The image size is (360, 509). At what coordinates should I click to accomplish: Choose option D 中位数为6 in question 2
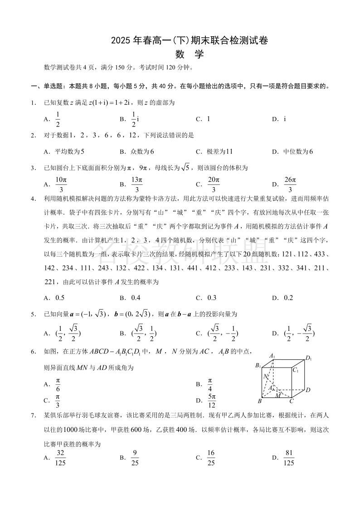pyautogui.click(x=297, y=151)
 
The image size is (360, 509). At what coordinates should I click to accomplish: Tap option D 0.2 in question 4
pyautogui.click(x=288, y=298)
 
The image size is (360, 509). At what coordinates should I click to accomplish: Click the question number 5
pyautogui.click(x=33, y=314)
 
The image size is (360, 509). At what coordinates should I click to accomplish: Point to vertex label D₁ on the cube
pyautogui.click(x=309, y=359)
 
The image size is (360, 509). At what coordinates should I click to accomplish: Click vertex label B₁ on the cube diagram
pyautogui.click(x=258, y=365)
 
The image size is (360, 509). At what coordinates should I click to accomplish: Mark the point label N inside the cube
pyautogui.click(x=266, y=377)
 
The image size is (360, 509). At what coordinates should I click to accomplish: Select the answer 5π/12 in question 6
pyautogui.click(x=212, y=400)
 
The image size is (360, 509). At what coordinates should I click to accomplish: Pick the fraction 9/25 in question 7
pyautogui.click(x=134, y=457)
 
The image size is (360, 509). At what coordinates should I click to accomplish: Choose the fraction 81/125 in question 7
pyautogui.click(x=288, y=457)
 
